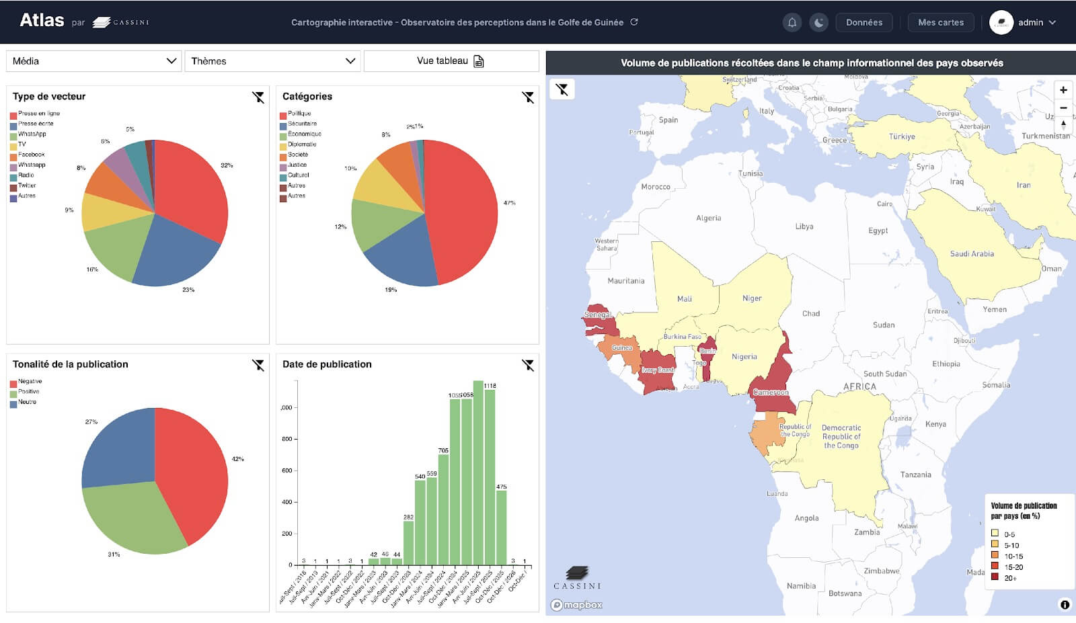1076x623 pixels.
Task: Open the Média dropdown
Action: point(93,61)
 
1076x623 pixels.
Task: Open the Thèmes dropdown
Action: point(272,61)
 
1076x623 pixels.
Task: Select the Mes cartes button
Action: point(940,22)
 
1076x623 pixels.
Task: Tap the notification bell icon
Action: point(792,22)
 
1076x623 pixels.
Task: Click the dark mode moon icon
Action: point(818,22)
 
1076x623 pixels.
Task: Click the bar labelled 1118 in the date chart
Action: point(490,477)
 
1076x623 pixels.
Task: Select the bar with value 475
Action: point(501,528)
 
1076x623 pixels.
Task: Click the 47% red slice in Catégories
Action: point(464,208)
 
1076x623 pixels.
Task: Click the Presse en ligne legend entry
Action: point(38,114)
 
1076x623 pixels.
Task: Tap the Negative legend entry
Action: point(30,382)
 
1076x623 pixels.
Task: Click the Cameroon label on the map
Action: point(771,392)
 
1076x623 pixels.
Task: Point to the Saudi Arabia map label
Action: point(972,254)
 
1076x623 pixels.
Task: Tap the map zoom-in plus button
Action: point(1063,90)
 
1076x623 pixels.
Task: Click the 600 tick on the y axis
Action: point(287,470)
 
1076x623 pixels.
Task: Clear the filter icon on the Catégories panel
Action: point(528,97)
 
